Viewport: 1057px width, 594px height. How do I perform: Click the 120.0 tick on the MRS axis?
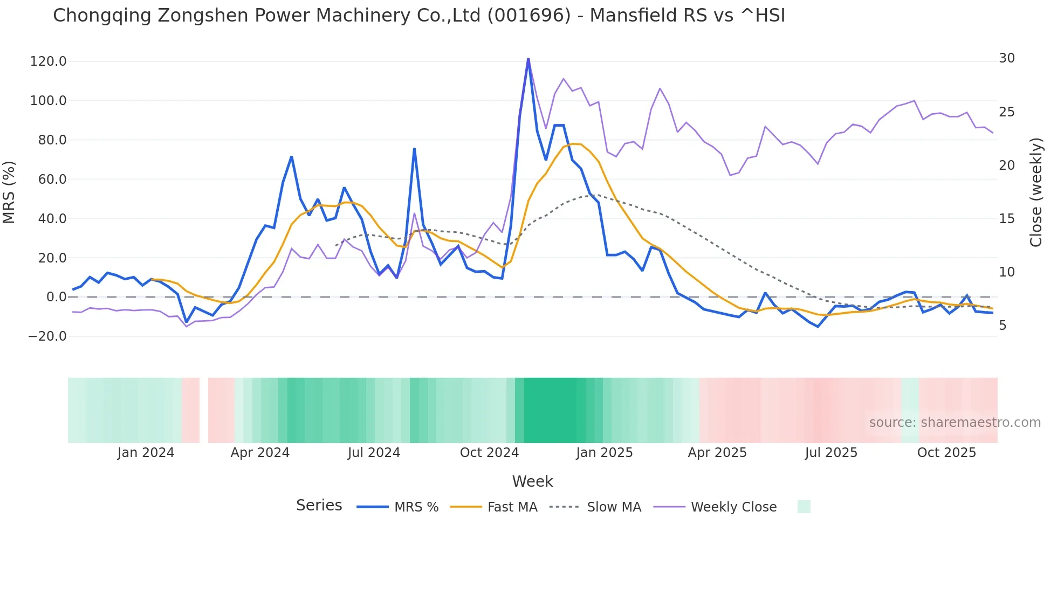pos(48,61)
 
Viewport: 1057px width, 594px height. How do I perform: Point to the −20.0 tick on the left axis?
pos(47,336)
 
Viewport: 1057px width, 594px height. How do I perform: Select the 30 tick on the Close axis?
pos(1007,58)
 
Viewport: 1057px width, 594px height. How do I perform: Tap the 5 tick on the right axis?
pos(1003,326)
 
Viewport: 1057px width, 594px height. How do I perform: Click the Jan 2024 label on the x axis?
pos(146,453)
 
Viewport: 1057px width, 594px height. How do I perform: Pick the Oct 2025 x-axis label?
pos(946,453)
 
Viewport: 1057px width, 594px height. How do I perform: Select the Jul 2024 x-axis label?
pos(374,453)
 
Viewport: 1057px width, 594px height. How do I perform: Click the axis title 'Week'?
pos(532,481)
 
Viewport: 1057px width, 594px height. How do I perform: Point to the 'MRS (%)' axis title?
pos(9,192)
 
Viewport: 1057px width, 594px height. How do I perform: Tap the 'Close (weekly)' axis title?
pos(1035,192)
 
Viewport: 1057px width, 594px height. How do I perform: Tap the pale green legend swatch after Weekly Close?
pos(804,507)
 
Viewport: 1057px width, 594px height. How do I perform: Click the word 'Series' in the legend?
pos(319,506)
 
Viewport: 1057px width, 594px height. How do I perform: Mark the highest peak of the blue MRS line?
pos(528,59)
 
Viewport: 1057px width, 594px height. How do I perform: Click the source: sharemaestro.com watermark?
pos(955,423)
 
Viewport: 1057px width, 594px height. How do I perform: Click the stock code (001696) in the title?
pos(528,16)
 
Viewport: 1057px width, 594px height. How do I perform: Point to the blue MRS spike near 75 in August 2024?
pos(414,149)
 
